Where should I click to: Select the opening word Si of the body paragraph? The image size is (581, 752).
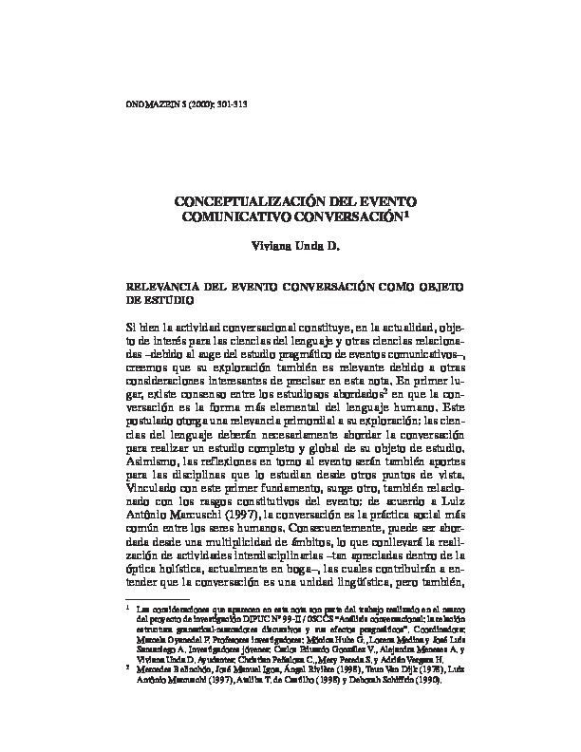point(133,327)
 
